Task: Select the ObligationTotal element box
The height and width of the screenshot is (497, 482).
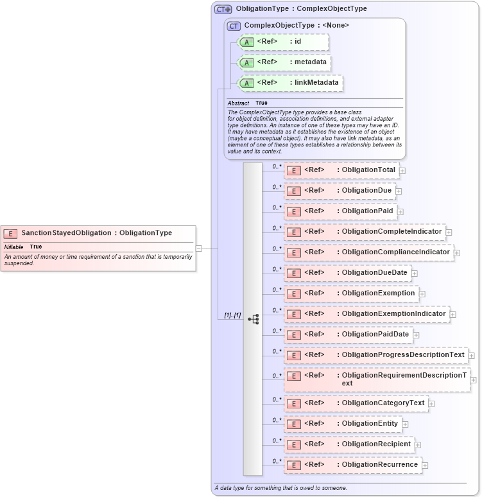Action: [341, 170]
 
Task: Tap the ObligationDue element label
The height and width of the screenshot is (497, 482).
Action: [366, 191]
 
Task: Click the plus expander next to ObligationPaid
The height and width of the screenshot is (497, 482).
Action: [400, 211]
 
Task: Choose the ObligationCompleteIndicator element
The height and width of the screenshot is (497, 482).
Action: [365, 232]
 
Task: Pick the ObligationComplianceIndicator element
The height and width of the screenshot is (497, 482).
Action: [368, 252]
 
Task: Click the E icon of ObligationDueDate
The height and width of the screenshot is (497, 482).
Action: [293, 273]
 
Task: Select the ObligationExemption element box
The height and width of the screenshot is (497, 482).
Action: [351, 293]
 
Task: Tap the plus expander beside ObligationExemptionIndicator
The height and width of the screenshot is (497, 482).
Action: [452, 314]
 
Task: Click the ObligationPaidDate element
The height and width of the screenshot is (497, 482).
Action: [347, 335]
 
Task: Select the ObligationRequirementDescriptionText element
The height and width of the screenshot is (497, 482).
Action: [377, 379]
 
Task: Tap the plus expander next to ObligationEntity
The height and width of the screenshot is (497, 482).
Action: [405, 424]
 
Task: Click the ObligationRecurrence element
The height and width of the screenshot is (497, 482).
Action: [352, 465]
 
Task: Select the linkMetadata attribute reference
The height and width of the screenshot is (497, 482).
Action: [290, 83]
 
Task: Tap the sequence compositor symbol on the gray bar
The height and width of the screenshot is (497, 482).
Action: [253, 318]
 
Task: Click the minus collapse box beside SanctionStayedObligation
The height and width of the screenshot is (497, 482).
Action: [199, 247]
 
